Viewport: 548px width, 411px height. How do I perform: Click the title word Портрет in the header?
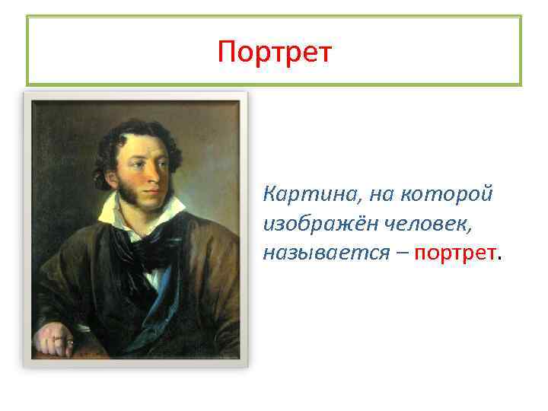click(x=274, y=53)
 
